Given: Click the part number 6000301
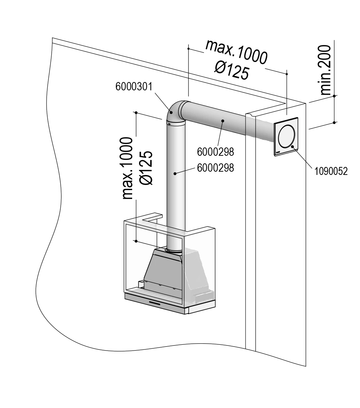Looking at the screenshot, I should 135,87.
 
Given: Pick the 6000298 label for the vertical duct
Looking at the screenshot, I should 215,168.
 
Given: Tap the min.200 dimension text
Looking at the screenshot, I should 325,69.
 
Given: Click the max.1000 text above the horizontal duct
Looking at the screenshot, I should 237,52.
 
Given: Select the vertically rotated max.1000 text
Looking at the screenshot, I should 127,168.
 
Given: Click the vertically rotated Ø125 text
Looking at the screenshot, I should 146,168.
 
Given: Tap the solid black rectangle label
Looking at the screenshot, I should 332,171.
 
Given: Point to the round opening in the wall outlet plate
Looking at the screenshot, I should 287,137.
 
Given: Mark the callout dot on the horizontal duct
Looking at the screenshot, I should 223,121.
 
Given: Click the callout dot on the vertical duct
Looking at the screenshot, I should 175,173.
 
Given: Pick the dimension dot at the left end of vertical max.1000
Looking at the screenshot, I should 136,113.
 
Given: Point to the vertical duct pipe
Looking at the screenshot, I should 176,188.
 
